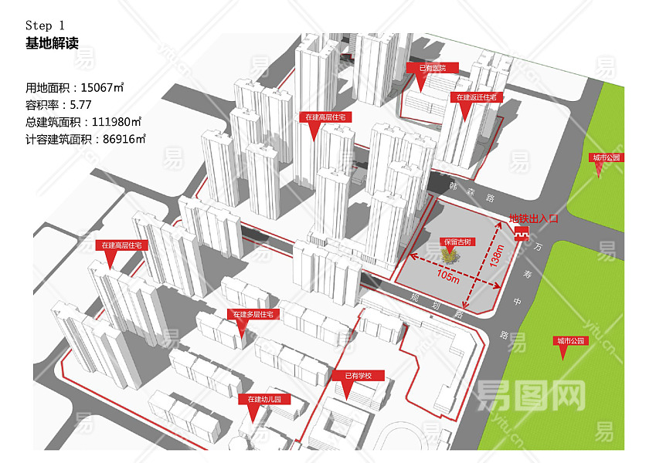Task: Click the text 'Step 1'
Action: [50, 26]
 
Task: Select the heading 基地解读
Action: [52, 44]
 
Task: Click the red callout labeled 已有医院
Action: [432, 69]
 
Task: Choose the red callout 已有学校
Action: [358, 376]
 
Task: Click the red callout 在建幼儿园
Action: [264, 400]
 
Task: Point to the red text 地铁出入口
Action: [532, 219]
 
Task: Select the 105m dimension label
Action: [447, 276]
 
